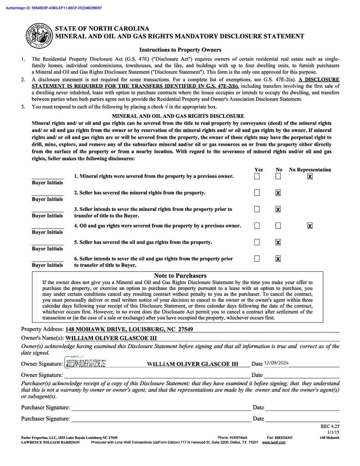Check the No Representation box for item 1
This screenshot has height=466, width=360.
pos(310,176)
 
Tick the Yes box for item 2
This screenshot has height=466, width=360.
pos(257,192)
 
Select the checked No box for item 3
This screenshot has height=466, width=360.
pos(278,209)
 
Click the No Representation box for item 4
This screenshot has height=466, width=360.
pos(310,226)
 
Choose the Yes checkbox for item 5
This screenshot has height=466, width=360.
pos(257,242)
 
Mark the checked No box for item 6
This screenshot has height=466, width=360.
pos(278,258)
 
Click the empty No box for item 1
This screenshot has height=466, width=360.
pos(278,176)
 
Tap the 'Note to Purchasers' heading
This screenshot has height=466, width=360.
pos(180,276)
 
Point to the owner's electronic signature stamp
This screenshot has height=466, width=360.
pos(86,363)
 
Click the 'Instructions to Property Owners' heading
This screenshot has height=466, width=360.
pos(180,50)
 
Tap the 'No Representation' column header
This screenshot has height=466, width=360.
pos(310,170)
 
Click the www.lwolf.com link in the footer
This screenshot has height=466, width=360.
pos(274,442)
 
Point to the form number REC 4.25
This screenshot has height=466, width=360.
pos(330,426)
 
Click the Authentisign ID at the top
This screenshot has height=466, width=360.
pos(54,8)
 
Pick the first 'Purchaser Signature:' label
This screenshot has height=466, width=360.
pos(46,408)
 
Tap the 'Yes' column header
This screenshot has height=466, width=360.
pos(259,170)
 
